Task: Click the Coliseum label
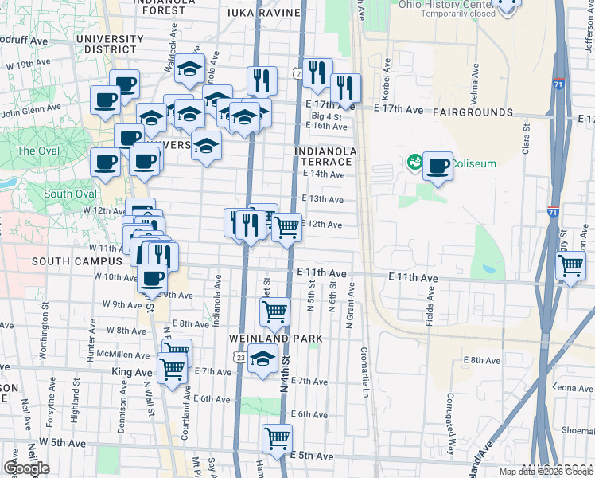pos(475,164)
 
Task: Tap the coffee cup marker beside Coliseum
pos(437,167)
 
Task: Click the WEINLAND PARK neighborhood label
pos(275,339)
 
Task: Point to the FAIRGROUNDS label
pos(473,114)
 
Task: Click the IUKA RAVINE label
pos(263,13)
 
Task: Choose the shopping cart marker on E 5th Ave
pos(277,439)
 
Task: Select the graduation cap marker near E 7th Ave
pos(262,358)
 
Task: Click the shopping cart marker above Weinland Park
pos(274,311)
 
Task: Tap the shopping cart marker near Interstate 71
pos(571,267)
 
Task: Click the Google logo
pos(26,468)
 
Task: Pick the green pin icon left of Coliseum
pos(414,163)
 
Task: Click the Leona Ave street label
pos(570,388)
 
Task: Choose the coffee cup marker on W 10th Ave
pos(153,279)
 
